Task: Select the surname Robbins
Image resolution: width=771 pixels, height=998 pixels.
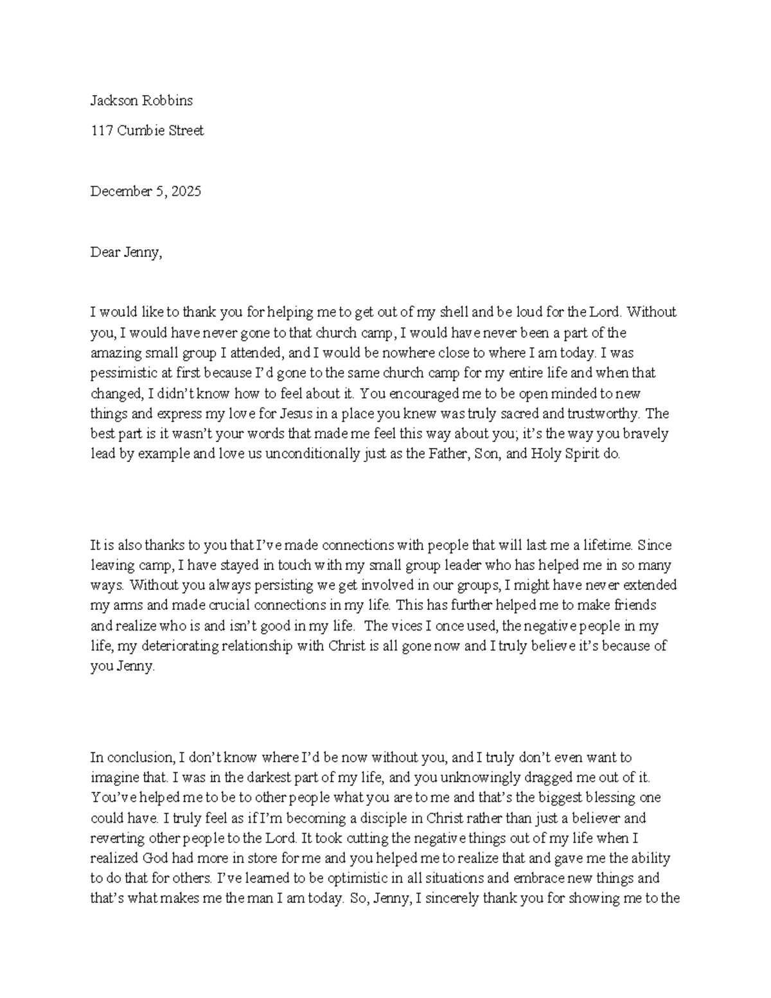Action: pyautogui.click(x=166, y=100)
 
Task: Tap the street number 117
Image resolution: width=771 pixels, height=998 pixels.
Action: pyautogui.click(x=102, y=130)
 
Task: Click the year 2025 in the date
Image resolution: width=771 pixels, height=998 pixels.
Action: pyautogui.click(x=186, y=191)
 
